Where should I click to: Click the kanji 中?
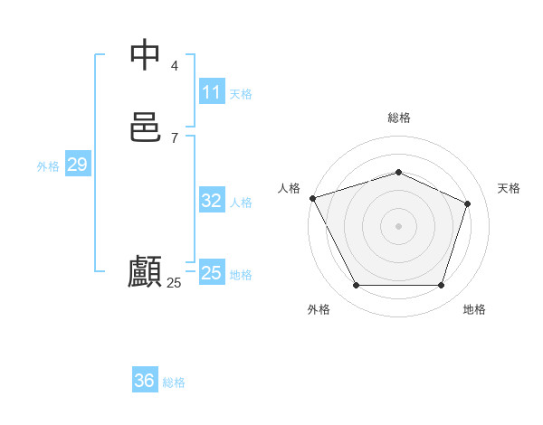pyautogui.click(x=146, y=56)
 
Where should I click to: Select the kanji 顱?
pyautogui.click(x=146, y=272)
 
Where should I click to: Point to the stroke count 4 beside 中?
pyautogui.click(x=175, y=66)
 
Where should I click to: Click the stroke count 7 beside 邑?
pyautogui.click(x=175, y=137)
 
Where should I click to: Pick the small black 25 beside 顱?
pyautogui.click(x=174, y=283)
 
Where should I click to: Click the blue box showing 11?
pyautogui.click(x=211, y=92)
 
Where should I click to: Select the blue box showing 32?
pyautogui.click(x=211, y=201)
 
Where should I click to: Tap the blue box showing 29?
pyautogui.click(x=77, y=165)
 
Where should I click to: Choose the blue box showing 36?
pyautogui.click(x=145, y=381)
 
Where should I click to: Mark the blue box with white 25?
pyautogui.click(x=211, y=273)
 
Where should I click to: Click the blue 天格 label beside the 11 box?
pyautogui.click(x=241, y=94)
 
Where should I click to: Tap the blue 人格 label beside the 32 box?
pyautogui.click(x=241, y=203)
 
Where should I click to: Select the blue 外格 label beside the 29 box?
pyautogui.click(x=48, y=166)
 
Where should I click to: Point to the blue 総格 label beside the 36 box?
pyautogui.click(x=174, y=382)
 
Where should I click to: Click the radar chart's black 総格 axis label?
pyautogui.click(x=398, y=118)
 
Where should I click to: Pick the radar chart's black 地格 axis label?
pyautogui.click(x=474, y=309)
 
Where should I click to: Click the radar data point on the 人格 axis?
pyautogui.click(x=312, y=198)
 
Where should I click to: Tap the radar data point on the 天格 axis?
pyautogui.click(x=468, y=203)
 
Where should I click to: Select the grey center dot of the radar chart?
pyautogui.click(x=398, y=226)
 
